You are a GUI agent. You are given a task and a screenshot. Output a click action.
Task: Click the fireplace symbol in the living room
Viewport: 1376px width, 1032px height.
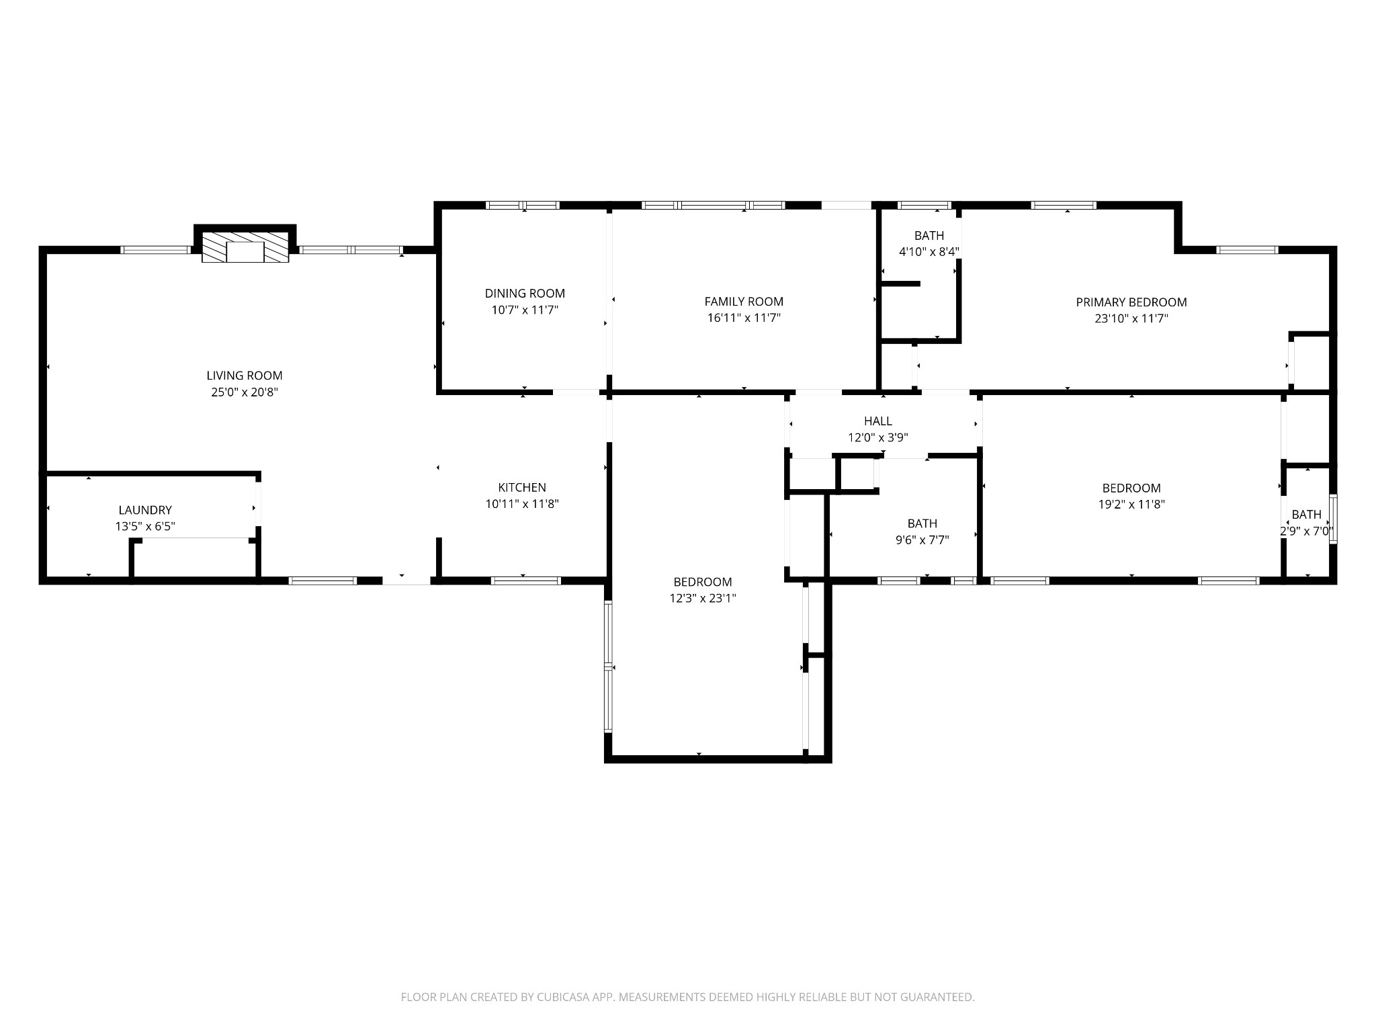[x=245, y=247]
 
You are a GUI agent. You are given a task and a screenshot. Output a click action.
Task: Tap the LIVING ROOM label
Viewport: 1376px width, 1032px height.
[x=245, y=376]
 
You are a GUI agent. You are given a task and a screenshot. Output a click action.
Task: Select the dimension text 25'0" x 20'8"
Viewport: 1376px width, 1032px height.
[x=245, y=392]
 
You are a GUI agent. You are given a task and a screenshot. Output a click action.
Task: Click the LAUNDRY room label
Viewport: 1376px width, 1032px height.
[x=145, y=510]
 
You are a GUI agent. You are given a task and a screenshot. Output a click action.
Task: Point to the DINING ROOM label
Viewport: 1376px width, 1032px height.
[x=525, y=293]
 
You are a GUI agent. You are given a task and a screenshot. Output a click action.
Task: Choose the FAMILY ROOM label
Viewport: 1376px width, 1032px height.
[x=744, y=302]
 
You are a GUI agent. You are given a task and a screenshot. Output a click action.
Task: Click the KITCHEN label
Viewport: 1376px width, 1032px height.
[x=522, y=487]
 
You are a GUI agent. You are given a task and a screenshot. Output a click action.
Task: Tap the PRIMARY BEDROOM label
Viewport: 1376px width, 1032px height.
[x=1131, y=302]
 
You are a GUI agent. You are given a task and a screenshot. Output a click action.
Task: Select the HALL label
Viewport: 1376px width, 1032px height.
[x=878, y=421]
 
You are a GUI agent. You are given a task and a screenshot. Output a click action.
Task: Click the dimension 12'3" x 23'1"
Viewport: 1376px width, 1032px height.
[x=703, y=599]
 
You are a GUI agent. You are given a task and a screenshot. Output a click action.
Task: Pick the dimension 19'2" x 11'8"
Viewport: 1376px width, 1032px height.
[x=1131, y=505]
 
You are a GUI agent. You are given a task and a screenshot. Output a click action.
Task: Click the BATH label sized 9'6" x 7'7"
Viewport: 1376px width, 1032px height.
[x=922, y=523]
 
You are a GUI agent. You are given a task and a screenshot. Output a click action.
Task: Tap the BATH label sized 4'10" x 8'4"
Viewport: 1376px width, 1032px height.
[x=929, y=236]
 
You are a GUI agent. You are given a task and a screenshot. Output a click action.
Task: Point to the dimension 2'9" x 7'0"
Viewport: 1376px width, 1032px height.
[x=1307, y=531]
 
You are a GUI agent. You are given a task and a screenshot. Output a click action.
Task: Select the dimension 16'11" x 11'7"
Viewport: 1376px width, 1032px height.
[x=744, y=318]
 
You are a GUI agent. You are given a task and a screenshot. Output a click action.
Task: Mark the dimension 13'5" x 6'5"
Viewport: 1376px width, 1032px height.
[x=145, y=527]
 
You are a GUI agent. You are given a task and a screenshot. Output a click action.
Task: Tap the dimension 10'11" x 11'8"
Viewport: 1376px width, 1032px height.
[x=522, y=504]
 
